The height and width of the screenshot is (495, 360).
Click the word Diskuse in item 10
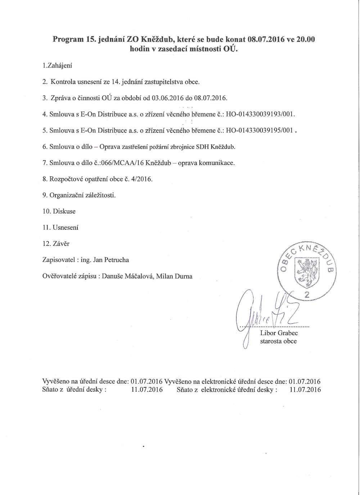pyautogui.click(x=64, y=211)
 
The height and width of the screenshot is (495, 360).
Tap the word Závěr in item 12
pyautogui.click(x=61, y=244)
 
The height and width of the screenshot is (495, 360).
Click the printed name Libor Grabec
pyautogui.click(x=279, y=333)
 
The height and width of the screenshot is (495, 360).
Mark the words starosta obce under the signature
pyautogui.click(x=278, y=341)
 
